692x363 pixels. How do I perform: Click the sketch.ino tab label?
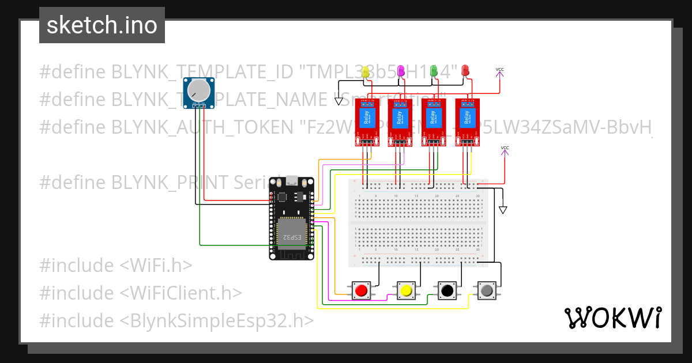pos(102,25)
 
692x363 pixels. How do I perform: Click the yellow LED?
pos(365,71)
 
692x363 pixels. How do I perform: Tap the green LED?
pos(434,70)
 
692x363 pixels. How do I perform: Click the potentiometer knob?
pos(199,89)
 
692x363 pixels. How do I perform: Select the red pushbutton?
pos(362,290)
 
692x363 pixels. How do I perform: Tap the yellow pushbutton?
pos(406,290)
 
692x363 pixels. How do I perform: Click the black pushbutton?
pos(446,290)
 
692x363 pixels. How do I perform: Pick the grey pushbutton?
pos(487,290)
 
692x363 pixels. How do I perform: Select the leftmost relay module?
pos(366,121)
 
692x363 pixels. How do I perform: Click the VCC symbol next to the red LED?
pos(499,71)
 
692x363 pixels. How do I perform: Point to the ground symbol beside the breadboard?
pos(503,210)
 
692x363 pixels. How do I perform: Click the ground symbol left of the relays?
pos(339,101)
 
